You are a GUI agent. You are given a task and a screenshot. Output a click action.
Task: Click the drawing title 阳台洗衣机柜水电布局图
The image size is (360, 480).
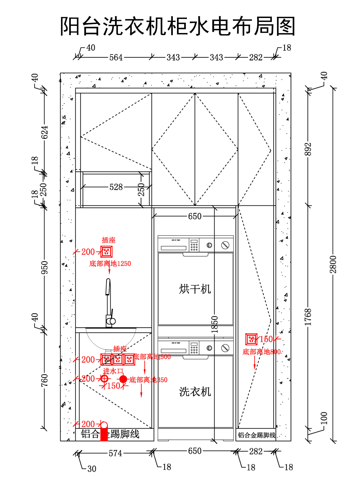(x=178, y=26)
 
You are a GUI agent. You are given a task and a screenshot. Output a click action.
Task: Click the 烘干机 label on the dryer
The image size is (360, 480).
(x=195, y=289)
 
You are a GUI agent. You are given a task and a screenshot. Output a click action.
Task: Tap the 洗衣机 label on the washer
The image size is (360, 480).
(x=195, y=392)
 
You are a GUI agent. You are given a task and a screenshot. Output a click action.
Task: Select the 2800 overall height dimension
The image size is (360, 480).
(x=333, y=265)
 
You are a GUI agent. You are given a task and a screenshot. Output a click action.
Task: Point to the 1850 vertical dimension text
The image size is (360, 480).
(x=214, y=324)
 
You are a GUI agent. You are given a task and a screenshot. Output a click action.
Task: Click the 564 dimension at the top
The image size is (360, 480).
(x=116, y=57)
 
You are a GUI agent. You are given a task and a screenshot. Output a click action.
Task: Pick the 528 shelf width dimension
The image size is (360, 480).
(x=116, y=187)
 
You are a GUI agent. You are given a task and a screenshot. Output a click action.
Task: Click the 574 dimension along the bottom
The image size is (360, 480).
(x=115, y=453)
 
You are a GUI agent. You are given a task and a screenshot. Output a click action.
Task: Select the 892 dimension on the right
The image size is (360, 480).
(x=308, y=149)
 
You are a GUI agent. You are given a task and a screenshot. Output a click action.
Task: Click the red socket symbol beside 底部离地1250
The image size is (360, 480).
(x=106, y=252)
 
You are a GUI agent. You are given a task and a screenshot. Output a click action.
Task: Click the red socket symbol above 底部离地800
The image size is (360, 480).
(x=251, y=339)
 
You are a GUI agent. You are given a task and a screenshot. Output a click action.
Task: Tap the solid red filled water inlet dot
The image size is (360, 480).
(x=123, y=379)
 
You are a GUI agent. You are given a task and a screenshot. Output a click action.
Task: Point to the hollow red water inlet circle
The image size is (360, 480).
(x=104, y=379)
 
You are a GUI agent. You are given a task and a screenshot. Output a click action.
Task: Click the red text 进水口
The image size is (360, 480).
(x=113, y=371)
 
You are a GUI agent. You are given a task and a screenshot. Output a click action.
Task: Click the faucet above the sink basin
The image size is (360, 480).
(x=109, y=303)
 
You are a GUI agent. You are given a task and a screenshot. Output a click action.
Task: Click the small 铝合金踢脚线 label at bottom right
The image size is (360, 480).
(x=256, y=435)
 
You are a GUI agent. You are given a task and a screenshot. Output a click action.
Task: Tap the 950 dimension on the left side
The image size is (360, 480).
(x=44, y=268)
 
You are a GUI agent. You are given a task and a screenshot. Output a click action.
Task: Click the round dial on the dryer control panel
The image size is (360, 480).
(x=209, y=245)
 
